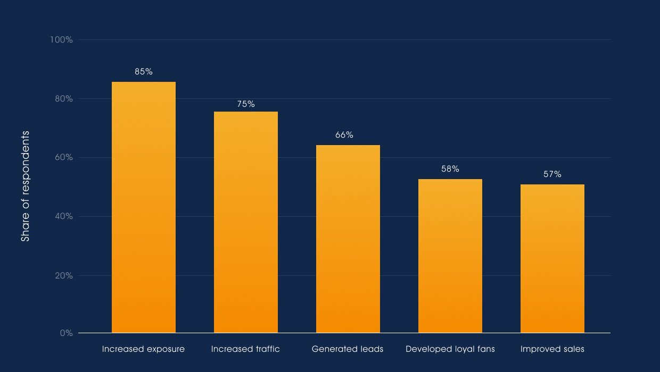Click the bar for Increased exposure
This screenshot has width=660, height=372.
click(144, 207)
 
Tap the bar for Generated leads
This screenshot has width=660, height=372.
click(348, 239)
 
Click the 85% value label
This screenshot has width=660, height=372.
click(144, 72)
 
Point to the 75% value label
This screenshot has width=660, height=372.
click(246, 104)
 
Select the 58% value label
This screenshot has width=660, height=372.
click(450, 169)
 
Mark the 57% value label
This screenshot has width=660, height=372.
click(552, 174)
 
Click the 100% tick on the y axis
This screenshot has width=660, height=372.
click(61, 40)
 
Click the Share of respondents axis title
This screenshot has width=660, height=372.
click(26, 186)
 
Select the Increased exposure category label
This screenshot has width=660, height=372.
click(144, 349)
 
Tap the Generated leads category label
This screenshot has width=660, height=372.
click(348, 349)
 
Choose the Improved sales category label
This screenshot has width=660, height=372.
click(552, 349)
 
